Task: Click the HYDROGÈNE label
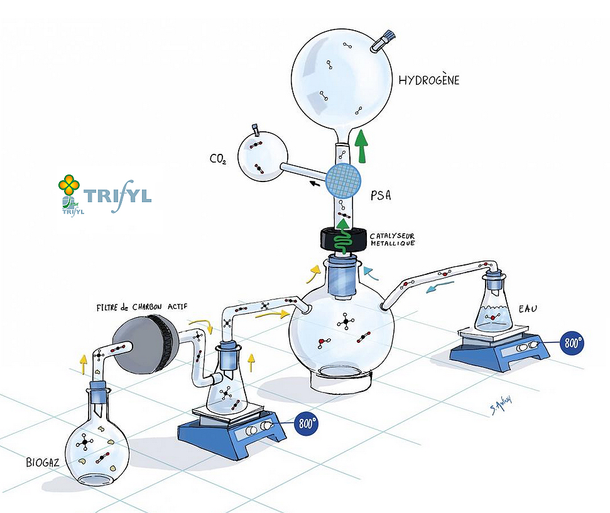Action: [428, 80]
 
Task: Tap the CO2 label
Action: [217, 159]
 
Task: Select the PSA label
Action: [381, 195]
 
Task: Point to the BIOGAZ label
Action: [43, 463]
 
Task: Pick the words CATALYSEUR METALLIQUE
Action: [391, 239]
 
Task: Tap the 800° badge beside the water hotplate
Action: [572, 343]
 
